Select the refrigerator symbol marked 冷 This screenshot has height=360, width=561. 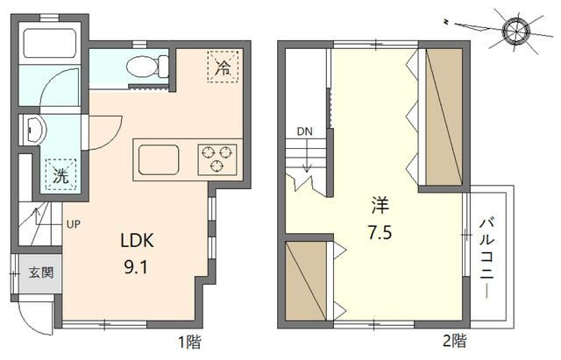pyautogui.click(x=224, y=67)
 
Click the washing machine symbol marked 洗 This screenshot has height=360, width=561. pyautogui.click(x=60, y=174)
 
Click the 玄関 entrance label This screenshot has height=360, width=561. pyautogui.click(x=39, y=272)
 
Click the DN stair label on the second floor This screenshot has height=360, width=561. pyautogui.click(x=304, y=131)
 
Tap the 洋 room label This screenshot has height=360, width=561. pyautogui.click(x=380, y=207)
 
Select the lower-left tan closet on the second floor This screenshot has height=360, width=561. pyautogui.click(x=306, y=279)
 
